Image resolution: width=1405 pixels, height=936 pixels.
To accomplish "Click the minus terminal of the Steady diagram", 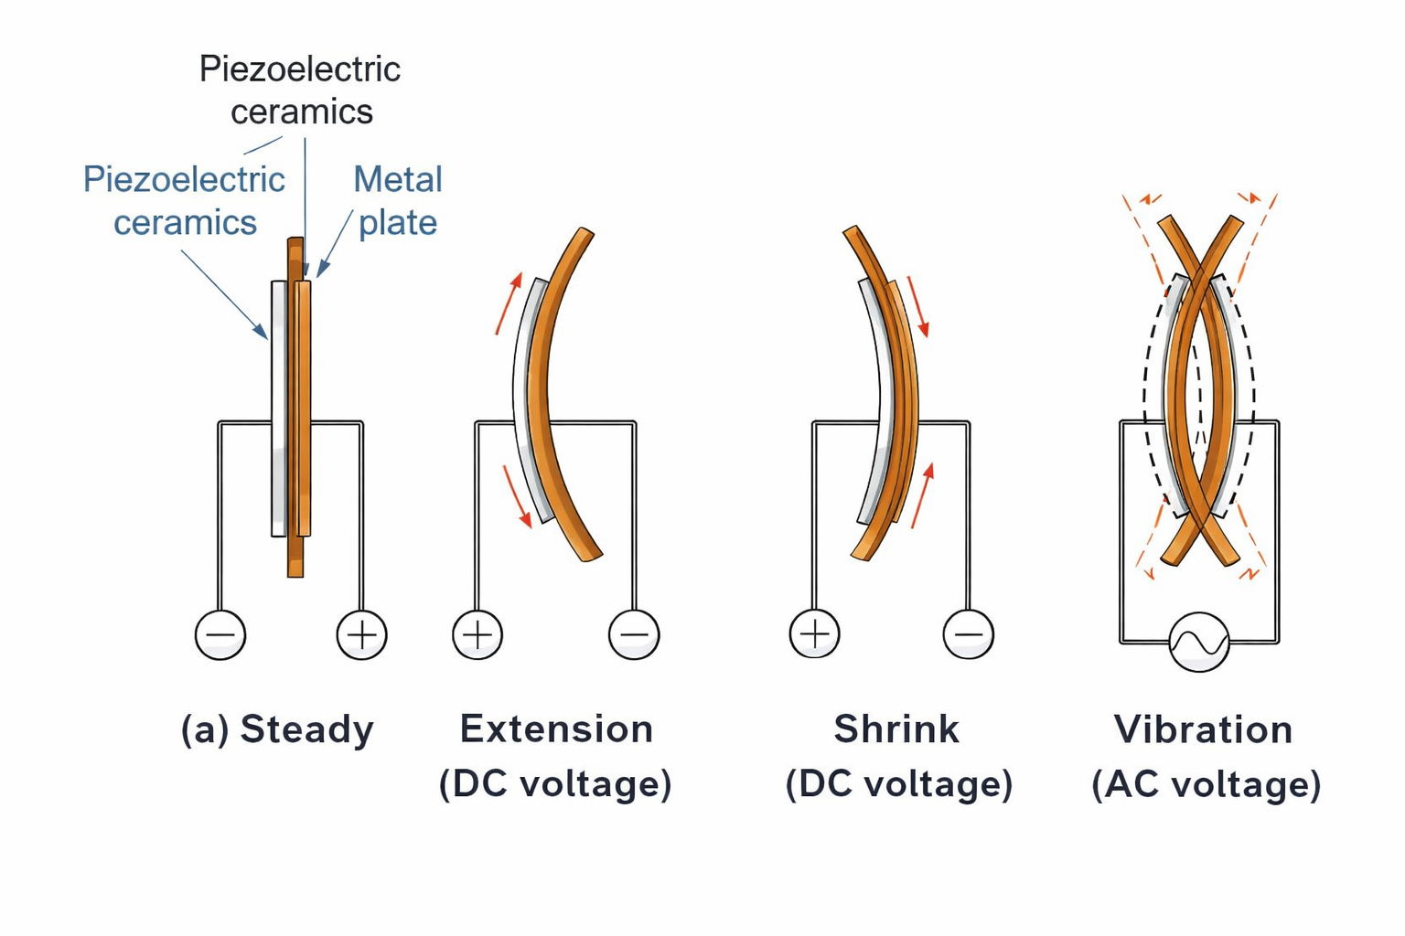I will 220,634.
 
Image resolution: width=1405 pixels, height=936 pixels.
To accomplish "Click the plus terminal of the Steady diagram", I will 362,634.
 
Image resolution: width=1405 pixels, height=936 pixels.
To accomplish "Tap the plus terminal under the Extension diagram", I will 477,634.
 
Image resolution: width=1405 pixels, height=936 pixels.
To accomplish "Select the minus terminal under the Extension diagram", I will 634,634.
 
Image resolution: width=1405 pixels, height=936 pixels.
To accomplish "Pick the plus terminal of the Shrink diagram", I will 814,633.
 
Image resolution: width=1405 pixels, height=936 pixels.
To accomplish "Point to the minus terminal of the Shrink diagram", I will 968,633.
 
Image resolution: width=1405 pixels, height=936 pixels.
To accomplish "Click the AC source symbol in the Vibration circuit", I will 1199,643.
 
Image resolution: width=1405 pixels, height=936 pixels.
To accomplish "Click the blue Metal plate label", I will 398,200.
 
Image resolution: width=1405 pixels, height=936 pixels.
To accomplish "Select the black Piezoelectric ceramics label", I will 300,90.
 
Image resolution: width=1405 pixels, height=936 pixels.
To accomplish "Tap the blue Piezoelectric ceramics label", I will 184,200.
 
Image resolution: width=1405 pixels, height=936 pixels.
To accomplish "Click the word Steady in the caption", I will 306,729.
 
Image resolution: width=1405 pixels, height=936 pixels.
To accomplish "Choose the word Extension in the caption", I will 556,729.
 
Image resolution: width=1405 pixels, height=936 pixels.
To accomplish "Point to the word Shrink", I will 896,729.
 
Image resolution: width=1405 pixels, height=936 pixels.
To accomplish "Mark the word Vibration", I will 1203,729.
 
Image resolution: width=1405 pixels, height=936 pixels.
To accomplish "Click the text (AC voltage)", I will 1206,784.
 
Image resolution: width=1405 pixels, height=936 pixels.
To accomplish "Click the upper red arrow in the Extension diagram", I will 509,303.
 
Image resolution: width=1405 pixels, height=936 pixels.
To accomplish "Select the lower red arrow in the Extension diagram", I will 517,495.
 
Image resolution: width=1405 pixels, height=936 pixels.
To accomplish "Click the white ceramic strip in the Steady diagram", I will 278,408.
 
